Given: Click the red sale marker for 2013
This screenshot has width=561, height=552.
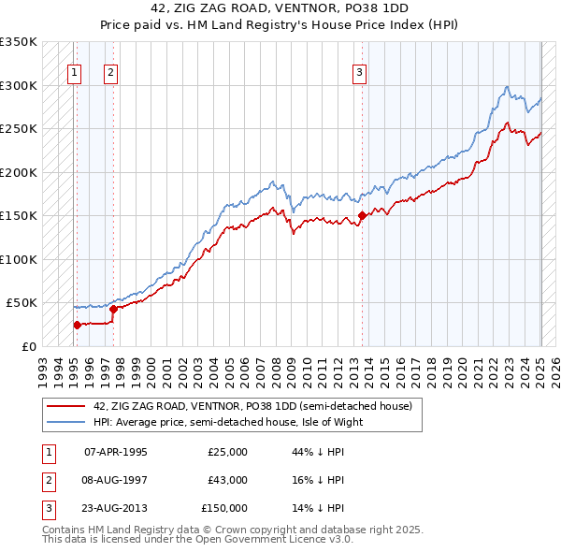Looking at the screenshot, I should point(361,216).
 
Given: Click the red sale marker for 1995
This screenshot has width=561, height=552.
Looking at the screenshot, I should point(77,325).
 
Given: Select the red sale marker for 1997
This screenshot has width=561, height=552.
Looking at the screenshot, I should point(112,309).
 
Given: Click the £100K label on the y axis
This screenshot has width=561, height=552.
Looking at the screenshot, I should point(18,259).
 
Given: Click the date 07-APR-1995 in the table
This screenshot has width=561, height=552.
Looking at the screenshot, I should point(115,452).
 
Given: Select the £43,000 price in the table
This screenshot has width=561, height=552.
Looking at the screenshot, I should point(227,480).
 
